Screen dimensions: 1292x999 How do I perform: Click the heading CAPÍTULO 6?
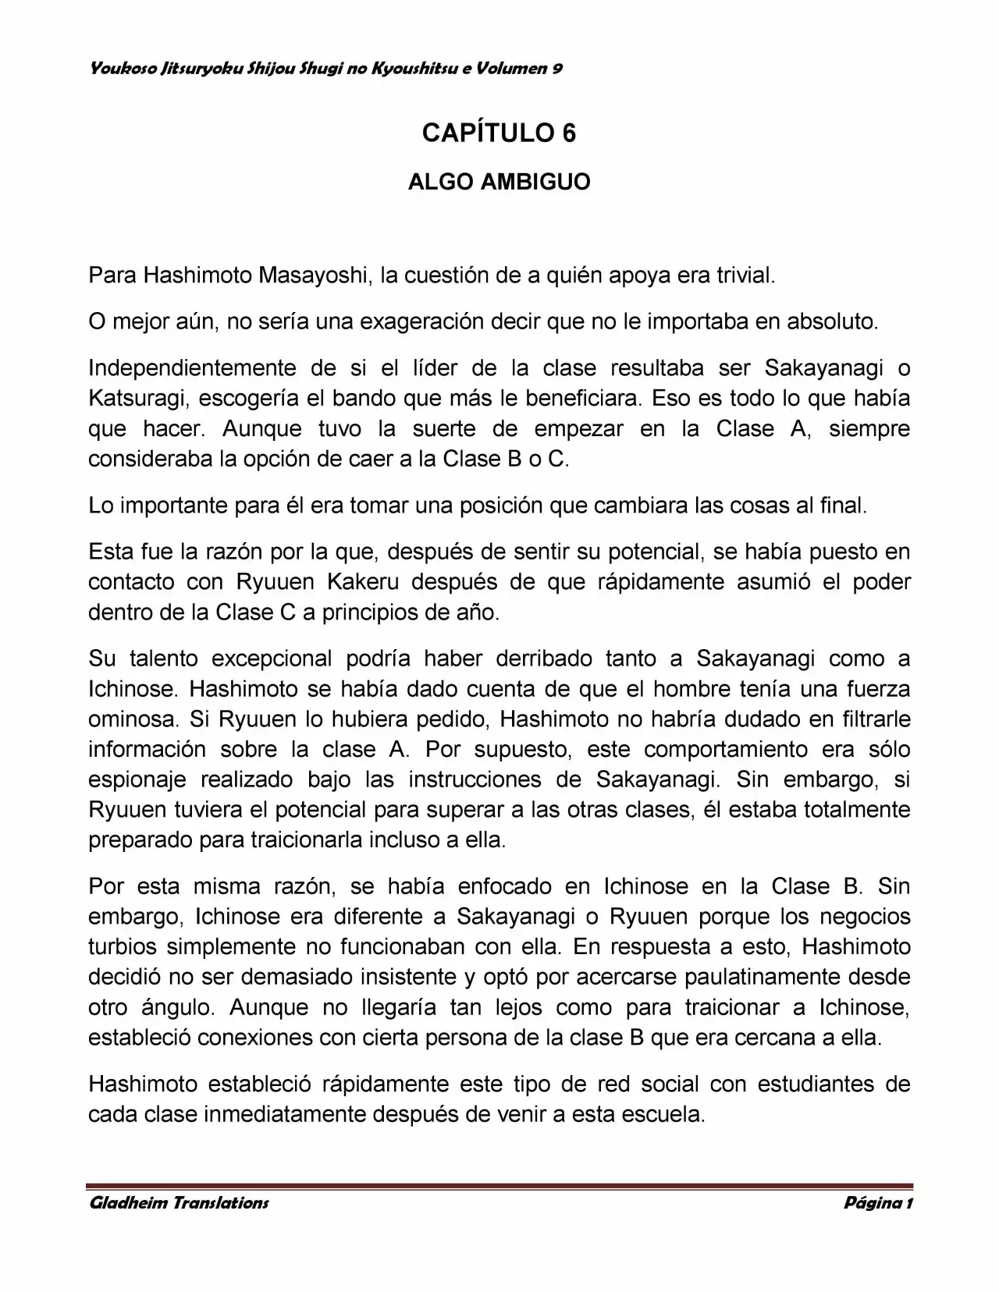point(499,133)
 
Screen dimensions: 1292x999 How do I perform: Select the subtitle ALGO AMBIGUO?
point(499,183)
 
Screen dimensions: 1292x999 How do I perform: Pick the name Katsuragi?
point(137,398)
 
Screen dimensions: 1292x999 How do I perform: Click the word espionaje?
point(137,780)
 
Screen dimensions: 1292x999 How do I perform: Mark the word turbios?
point(122,947)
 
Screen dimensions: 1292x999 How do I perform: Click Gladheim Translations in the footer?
point(179,1202)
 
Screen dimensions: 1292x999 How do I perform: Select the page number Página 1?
point(878,1202)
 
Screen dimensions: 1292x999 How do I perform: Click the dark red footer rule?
point(499,1185)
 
